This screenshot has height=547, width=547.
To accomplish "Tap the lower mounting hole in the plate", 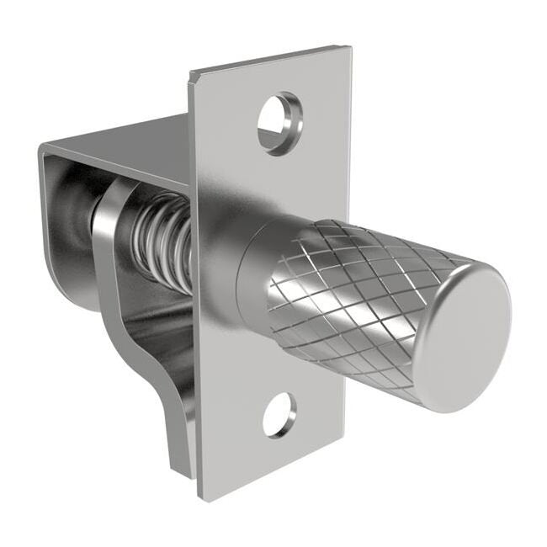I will pyautogui.click(x=279, y=414).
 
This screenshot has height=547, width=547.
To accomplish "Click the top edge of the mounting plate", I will pyautogui.click(x=269, y=59).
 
